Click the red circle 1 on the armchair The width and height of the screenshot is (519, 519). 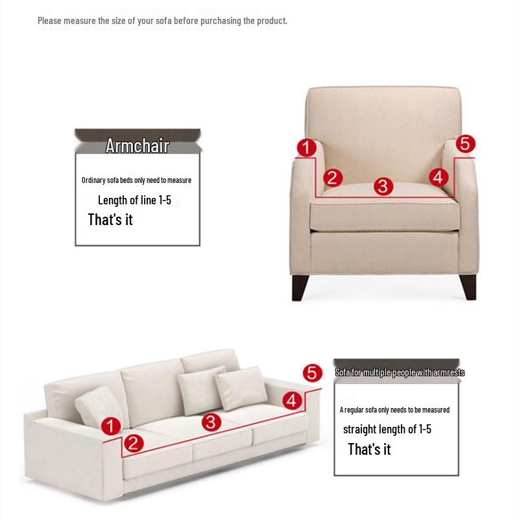306,148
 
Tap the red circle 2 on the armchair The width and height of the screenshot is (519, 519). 332,177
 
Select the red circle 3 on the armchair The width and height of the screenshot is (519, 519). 383,187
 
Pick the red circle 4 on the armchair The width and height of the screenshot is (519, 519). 438,176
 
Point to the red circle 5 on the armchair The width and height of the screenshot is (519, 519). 466,144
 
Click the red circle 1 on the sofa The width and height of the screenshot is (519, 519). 111,426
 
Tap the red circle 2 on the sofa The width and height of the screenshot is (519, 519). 134,443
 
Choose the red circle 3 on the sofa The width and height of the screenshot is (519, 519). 211,422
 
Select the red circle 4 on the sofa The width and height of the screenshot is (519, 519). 293,401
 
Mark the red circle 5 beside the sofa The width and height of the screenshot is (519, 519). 312,373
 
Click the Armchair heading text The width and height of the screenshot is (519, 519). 137,145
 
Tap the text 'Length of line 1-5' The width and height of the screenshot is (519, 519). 134,200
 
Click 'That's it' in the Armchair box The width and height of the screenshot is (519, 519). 110,219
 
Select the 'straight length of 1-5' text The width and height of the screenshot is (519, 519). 387,429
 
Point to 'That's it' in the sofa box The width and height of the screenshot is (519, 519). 369,449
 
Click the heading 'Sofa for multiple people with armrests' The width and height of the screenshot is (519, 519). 400,372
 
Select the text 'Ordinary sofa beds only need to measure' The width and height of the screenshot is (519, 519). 136,180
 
